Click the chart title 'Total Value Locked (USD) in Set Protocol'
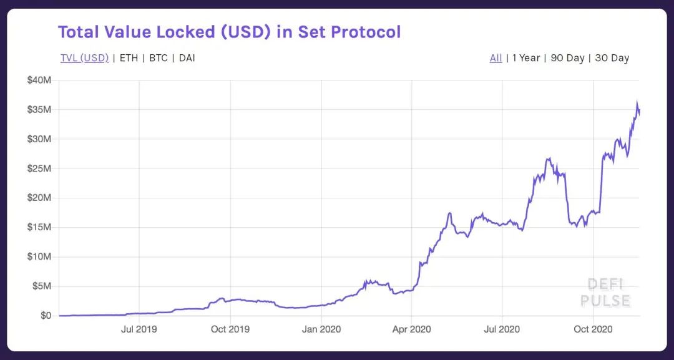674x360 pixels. pos(229,32)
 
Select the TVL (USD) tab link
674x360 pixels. pos(84,58)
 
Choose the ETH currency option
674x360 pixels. pos(129,58)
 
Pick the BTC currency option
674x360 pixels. pos(159,58)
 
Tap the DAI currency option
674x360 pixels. pos(187,58)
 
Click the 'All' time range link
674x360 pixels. pos(496,58)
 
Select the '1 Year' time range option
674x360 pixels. pos(525,58)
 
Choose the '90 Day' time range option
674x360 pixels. pos(567,58)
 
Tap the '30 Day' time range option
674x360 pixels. pos(612,58)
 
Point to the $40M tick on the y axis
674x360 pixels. pos(39,80)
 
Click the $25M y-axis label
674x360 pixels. pos(39,168)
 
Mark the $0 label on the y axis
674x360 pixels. pos(46,316)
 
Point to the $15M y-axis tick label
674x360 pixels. pos(39,227)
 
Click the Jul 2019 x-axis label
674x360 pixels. pos(139,329)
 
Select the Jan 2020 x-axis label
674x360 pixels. pos(321,329)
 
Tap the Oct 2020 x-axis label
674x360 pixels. pos(593,329)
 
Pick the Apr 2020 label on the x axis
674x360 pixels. pos(412,329)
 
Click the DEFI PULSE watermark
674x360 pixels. pos(605,293)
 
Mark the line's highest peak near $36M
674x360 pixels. pos(637,103)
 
